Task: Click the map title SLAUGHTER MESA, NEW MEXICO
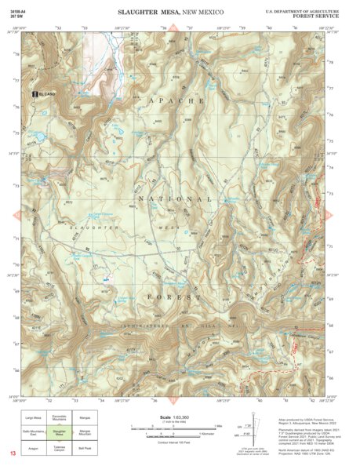(170, 13)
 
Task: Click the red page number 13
(12, 454)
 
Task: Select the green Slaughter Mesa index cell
(59, 432)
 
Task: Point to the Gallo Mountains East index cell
(33, 432)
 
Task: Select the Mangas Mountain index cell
(85, 432)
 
